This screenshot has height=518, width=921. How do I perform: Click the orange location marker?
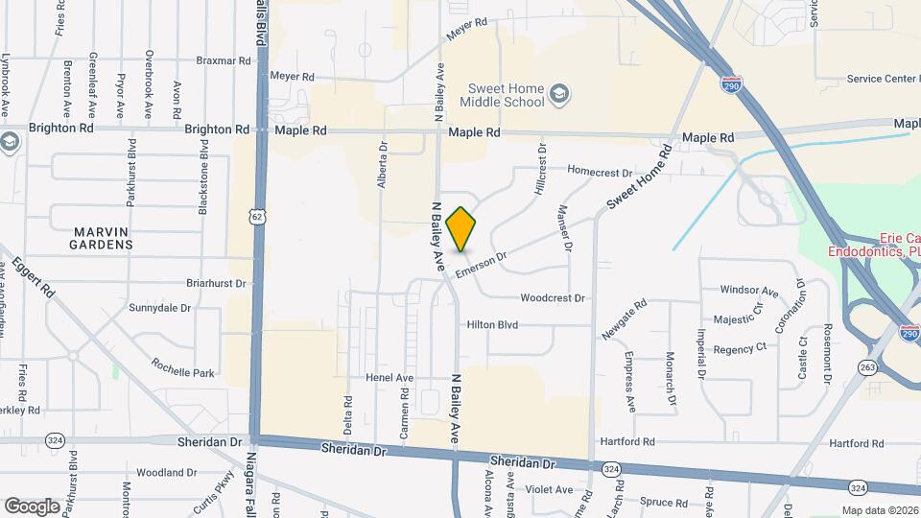coord(461,229)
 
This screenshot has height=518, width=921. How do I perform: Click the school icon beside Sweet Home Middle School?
coord(559,94)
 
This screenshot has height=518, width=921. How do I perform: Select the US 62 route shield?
coord(257,217)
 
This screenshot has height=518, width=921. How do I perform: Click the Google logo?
coord(32,506)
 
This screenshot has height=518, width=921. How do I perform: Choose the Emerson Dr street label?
coord(481,262)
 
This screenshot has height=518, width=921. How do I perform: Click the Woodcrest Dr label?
coord(553,298)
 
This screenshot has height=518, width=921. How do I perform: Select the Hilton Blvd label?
coord(492,325)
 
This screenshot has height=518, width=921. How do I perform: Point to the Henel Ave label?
coord(389,378)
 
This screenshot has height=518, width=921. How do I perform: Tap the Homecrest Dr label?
coord(600,172)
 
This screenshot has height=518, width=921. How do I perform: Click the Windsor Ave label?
coord(749,290)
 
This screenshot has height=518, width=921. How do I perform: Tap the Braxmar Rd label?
coord(224,59)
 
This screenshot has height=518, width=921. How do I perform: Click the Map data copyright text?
coord(880,510)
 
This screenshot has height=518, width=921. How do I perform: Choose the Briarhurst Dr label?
coord(203,284)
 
